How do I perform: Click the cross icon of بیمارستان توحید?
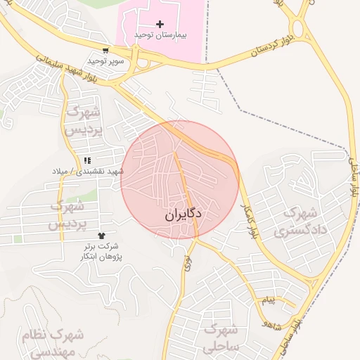(x=160, y=25)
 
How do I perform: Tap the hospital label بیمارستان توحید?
(x=161, y=35)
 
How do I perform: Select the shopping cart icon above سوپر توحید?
(x=105, y=51)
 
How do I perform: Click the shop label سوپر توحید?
(x=105, y=61)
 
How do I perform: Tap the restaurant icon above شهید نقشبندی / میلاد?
(x=87, y=161)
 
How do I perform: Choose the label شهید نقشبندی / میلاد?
(x=87, y=172)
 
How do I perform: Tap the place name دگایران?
(x=184, y=214)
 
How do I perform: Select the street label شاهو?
(x=269, y=323)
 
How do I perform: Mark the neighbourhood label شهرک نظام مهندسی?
(x=53, y=343)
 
